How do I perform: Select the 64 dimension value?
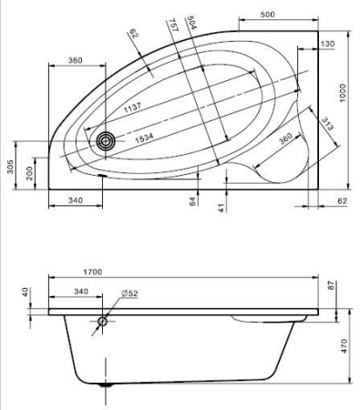(x=193, y=200)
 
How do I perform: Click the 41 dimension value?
(x=221, y=208)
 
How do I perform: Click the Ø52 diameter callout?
(x=129, y=293)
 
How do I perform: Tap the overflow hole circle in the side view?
(x=102, y=322)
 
